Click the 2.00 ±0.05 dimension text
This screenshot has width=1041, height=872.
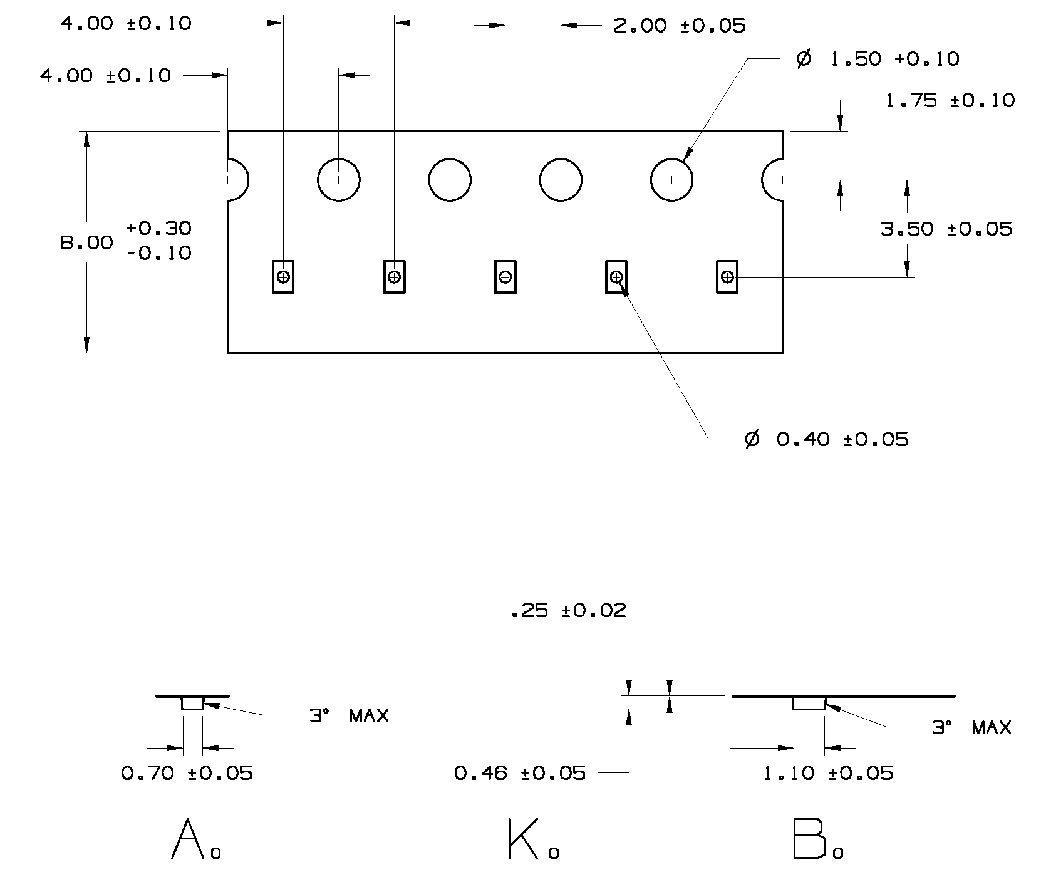click(x=679, y=26)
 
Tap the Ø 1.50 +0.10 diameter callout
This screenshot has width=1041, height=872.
click(x=878, y=60)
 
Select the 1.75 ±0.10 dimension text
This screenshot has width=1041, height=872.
click(x=950, y=101)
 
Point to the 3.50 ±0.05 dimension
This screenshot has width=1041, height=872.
click(x=946, y=229)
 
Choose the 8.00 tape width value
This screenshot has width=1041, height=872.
click(x=86, y=242)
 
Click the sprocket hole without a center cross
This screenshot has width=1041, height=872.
click(x=450, y=180)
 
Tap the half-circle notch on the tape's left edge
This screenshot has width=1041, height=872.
click(x=237, y=180)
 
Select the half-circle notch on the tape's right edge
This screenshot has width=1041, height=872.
click(x=773, y=180)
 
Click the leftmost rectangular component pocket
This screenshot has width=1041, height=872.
click(x=283, y=276)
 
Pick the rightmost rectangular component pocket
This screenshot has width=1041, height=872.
click(x=727, y=276)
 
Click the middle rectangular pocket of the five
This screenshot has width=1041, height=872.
click(x=505, y=276)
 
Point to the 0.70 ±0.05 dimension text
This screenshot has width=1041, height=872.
click(x=187, y=774)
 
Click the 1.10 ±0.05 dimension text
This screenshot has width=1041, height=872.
click(x=827, y=774)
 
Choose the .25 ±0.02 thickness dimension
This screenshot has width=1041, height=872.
click(x=568, y=611)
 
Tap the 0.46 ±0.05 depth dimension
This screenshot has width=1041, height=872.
click(x=520, y=774)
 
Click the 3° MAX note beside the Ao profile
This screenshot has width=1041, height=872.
click(x=349, y=715)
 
